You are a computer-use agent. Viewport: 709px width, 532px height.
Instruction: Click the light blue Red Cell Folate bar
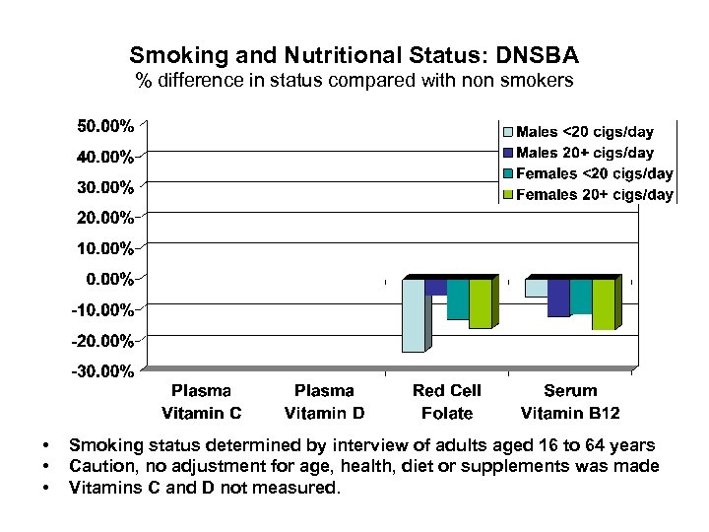(414, 315)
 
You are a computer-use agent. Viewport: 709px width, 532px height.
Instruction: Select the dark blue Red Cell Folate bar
(435, 287)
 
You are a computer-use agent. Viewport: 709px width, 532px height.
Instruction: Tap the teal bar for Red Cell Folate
(457, 299)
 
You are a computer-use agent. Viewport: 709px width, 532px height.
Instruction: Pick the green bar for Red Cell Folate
(480, 303)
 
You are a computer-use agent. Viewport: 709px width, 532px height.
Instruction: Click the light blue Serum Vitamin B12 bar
(536, 288)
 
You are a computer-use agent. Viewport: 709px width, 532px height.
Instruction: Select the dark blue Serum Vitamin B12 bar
(557, 298)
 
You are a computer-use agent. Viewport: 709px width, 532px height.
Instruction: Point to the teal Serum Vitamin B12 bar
(580, 297)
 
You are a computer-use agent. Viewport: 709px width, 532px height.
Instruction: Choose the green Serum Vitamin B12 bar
(602, 304)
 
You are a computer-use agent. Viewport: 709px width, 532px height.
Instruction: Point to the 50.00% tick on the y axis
(106, 125)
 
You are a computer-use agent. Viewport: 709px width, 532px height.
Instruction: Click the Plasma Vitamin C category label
(202, 402)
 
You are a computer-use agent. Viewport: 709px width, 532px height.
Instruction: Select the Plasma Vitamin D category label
(324, 402)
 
